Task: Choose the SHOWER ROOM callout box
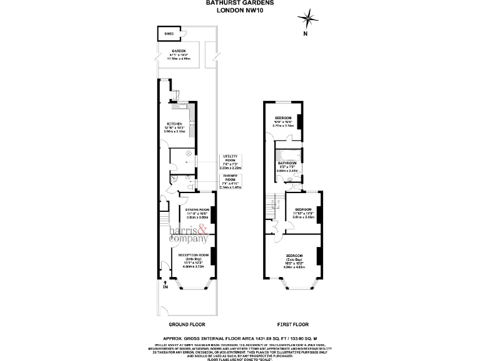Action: (x=231, y=180)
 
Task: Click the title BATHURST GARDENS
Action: (x=240, y=3)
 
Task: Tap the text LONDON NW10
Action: (x=240, y=10)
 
